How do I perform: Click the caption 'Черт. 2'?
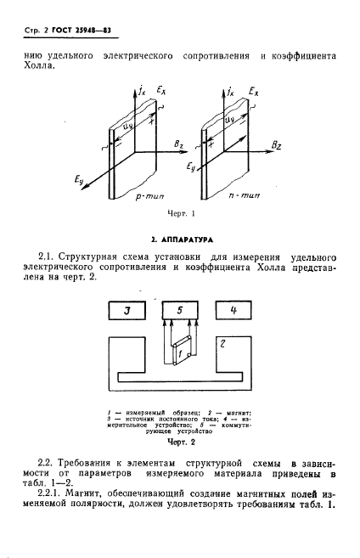pyautogui.click(x=181, y=442)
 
